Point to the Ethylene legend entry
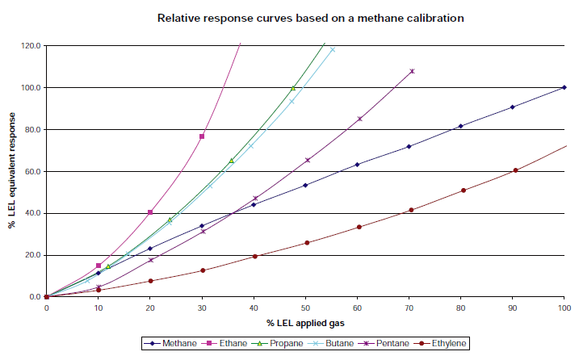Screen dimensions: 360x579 [445, 343]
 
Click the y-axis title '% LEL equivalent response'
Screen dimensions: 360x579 [12, 171]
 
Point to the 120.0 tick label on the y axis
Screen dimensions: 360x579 [31, 45]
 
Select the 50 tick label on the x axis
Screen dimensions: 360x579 [305, 308]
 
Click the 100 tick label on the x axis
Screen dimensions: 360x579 [564, 308]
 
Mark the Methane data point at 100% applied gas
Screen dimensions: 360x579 [564, 87]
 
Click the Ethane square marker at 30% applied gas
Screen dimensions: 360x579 [202, 136]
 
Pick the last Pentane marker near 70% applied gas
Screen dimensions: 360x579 [412, 71]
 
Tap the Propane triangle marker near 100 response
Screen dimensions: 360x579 [293, 88]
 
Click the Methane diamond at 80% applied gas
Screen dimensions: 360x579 [460, 126]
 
